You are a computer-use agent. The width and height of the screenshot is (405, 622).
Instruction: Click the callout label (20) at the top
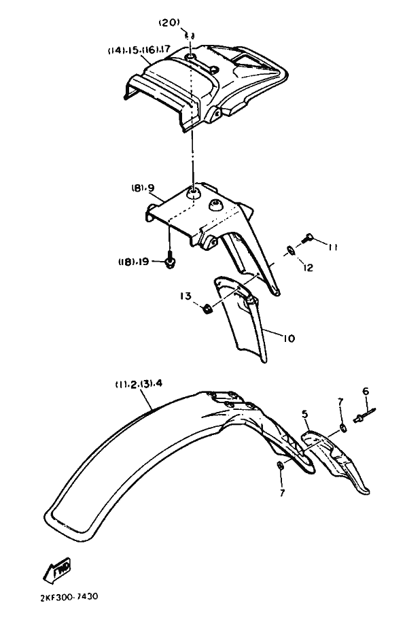pyautogui.click(x=169, y=23)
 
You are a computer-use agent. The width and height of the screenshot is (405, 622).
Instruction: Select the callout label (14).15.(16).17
pyautogui.click(x=139, y=50)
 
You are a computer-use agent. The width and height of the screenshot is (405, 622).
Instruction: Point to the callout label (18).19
pyautogui.click(x=133, y=262)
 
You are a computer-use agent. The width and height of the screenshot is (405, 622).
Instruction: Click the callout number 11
pyautogui.click(x=332, y=247)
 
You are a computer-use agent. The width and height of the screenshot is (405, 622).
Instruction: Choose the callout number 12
pyautogui.click(x=308, y=268)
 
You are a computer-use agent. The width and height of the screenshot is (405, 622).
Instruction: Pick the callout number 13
pyautogui.click(x=186, y=296)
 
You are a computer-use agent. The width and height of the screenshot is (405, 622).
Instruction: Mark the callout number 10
pyautogui.click(x=289, y=339)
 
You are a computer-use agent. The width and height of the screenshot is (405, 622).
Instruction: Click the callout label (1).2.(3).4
pyautogui.click(x=139, y=384)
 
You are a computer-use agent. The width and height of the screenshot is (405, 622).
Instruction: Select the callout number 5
pyautogui.click(x=304, y=414)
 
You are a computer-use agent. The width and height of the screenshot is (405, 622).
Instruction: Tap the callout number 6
pyautogui.click(x=366, y=391)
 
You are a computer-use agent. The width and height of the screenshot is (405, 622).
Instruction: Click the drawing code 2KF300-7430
pyautogui.click(x=69, y=597)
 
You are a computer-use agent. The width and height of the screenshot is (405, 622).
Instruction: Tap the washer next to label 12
pyautogui.click(x=291, y=250)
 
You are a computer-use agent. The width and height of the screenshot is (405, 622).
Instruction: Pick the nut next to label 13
pyautogui.click(x=206, y=308)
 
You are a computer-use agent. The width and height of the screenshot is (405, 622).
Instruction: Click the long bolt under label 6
pyautogui.click(x=364, y=415)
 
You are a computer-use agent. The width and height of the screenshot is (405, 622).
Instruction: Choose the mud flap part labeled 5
pyautogui.click(x=334, y=462)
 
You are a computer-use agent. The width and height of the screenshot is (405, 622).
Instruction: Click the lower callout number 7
pyautogui.click(x=282, y=493)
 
